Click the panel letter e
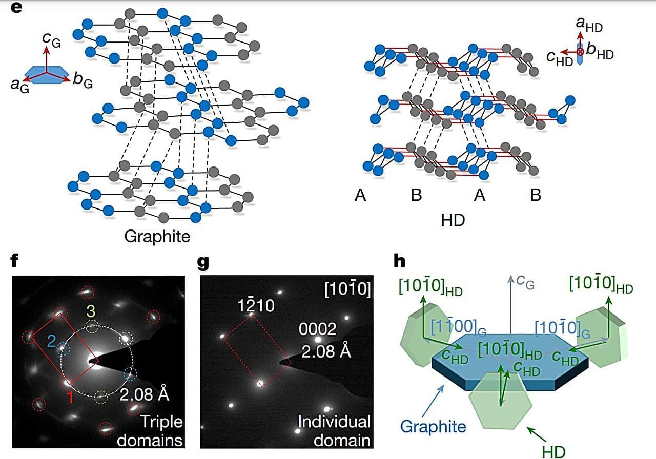16,7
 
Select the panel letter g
203,262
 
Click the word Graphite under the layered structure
157,236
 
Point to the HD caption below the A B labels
453,220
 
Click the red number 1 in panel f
70,397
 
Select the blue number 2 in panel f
52,341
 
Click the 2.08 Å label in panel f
145,394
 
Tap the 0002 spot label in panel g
317,329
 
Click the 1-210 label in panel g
256,305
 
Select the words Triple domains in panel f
150,431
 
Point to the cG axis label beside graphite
51,39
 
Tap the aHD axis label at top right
589,25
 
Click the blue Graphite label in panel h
433,427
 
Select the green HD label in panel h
553,452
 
